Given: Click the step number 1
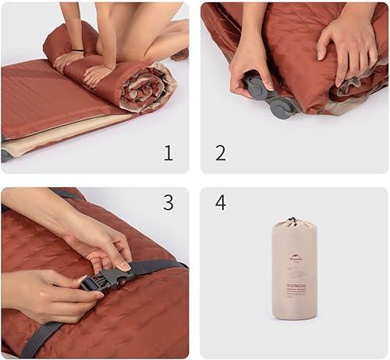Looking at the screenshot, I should (x=168, y=153).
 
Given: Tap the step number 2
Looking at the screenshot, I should (x=221, y=153).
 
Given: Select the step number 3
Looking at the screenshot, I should (x=168, y=203).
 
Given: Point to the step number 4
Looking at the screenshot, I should (x=221, y=203).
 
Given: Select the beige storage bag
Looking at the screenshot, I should (x=294, y=269).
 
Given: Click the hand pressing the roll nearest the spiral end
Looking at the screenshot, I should (x=98, y=74).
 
